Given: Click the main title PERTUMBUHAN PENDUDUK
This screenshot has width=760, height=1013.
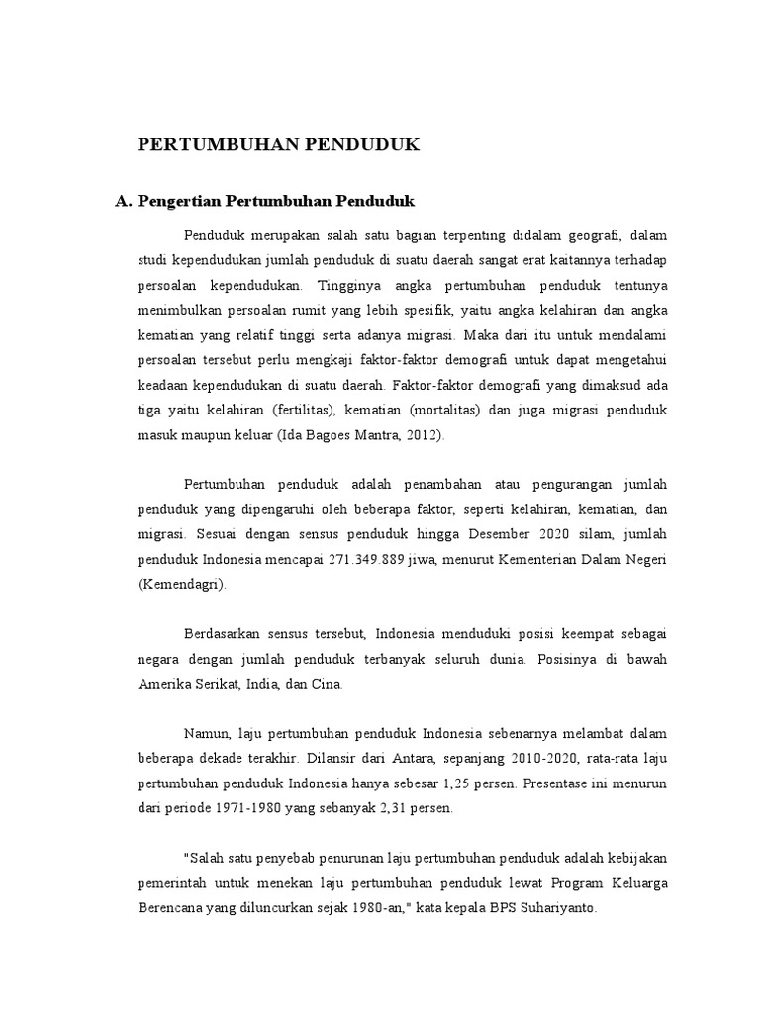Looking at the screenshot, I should [278, 144].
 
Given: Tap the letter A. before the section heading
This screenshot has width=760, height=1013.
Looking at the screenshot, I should [124, 201].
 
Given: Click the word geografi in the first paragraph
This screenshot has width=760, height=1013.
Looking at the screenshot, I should [583, 234].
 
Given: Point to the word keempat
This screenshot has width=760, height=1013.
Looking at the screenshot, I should [546, 633].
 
